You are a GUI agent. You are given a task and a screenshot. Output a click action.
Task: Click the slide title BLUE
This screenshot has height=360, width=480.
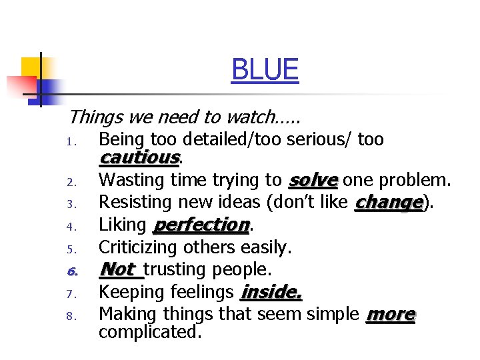(265, 69)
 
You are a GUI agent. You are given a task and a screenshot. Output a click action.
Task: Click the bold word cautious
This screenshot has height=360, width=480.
(139, 158)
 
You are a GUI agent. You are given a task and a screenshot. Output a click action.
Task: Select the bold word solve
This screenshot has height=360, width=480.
(313, 180)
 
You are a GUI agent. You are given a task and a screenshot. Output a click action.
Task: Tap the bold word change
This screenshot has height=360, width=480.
(389, 202)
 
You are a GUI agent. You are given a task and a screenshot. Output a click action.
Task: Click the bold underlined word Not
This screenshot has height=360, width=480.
(118, 269)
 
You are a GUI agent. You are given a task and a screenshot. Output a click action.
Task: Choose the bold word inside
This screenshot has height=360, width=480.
(271, 291)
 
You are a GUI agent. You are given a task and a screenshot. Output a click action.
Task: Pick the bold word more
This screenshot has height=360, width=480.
(391, 314)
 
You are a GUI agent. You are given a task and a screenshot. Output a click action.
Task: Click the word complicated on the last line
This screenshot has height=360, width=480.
(149, 331)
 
